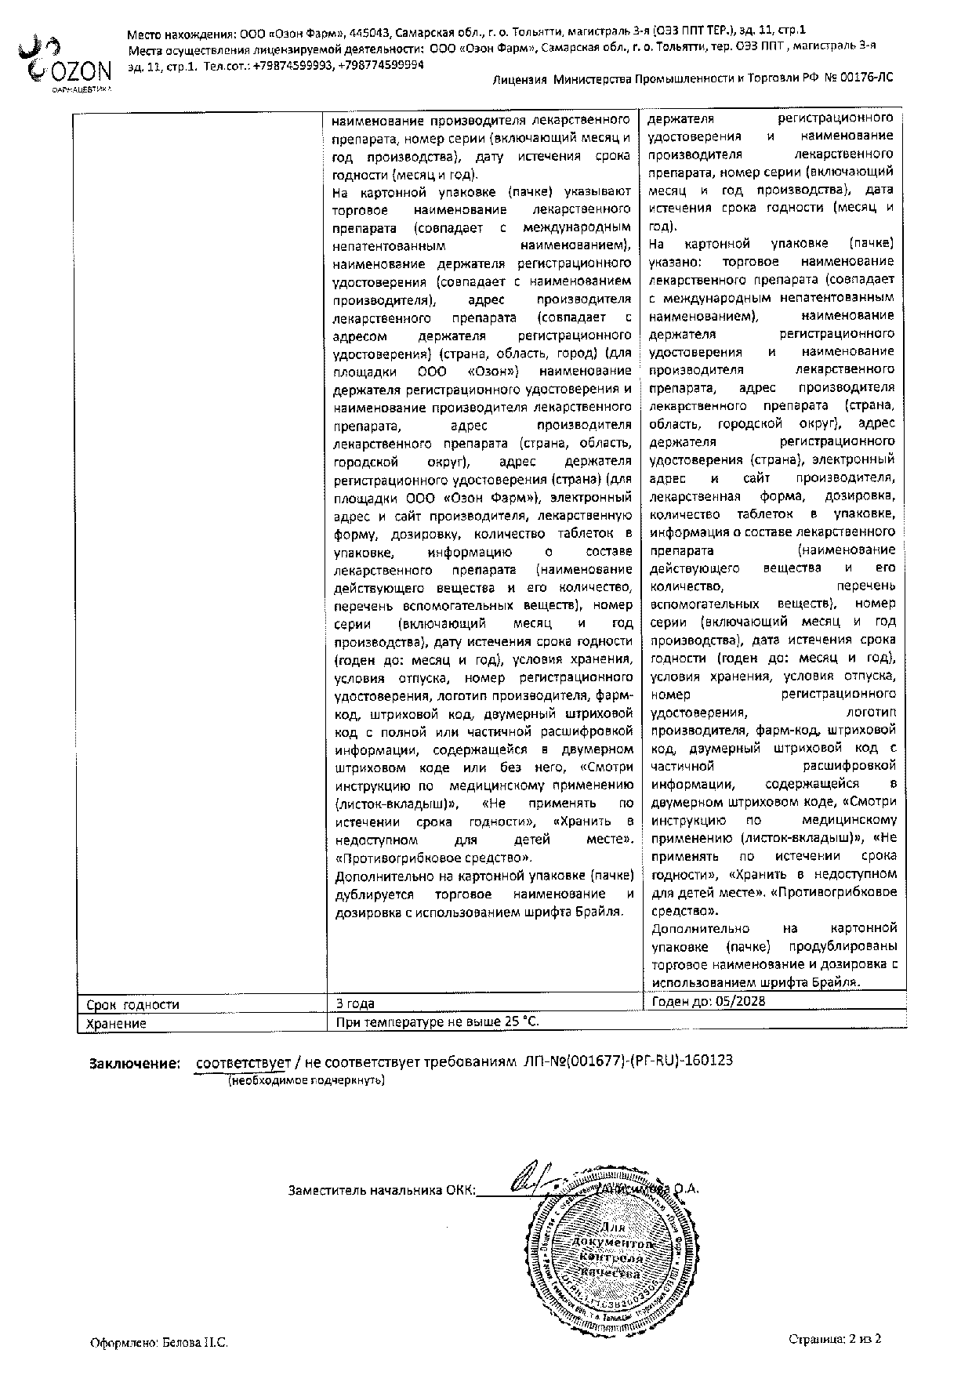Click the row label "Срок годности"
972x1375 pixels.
point(132,1004)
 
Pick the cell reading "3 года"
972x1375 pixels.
point(355,1003)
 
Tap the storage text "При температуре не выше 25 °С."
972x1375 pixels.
point(437,1022)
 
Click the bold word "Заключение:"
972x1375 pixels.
point(135,1063)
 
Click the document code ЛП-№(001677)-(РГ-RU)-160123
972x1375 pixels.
point(627,1061)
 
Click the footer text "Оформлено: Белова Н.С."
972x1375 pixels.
point(158,1343)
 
